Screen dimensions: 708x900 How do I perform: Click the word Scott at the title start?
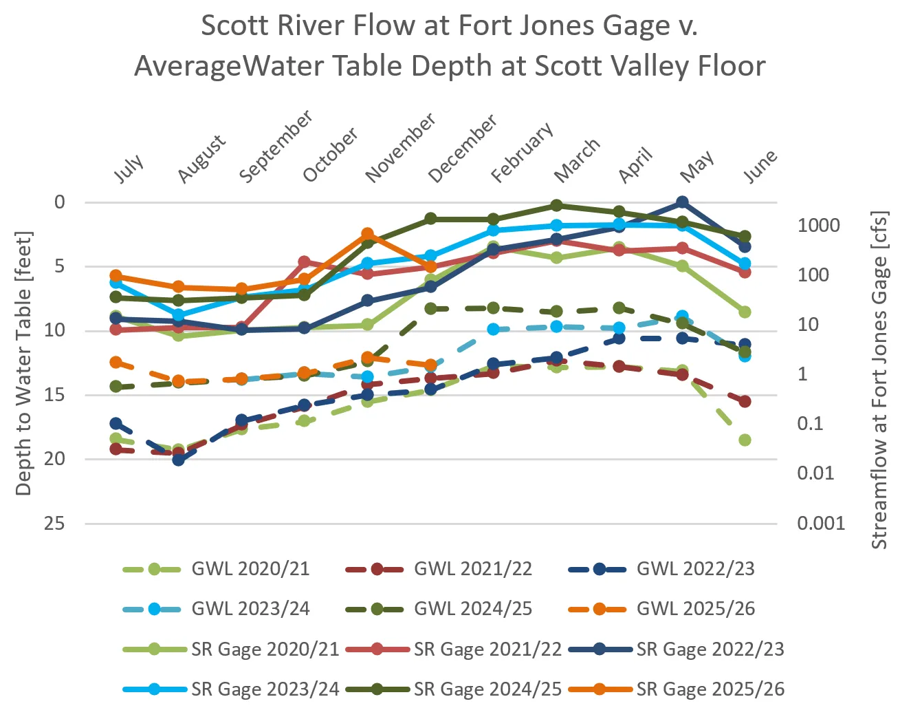pyautogui.click(x=233, y=26)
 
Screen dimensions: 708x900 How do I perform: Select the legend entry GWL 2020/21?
pyautogui.click(x=250, y=569)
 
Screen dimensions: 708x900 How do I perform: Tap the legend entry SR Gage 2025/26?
pyautogui.click(x=710, y=689)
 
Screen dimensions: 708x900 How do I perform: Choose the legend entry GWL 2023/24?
pyautogui.click(x=250, y=609)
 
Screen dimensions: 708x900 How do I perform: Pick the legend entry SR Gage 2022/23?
pyautogui.click(x=710, y=649)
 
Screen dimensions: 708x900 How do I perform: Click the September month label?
pyautogui.click(x=276, y=147)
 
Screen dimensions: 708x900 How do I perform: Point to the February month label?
pyautogui.click(x=522, y=153)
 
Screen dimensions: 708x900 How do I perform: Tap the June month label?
pyautogui.click(x=760, y=167)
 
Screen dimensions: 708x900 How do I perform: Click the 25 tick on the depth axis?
pyautogui.click(x=54, y=524)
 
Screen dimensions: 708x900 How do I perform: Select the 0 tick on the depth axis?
pyautogui.click(x=60, y=202)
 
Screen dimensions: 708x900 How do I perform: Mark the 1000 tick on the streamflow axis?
pyautogui.click(x=818, y=226)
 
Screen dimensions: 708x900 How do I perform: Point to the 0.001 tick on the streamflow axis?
pyautogui.click(x=821, y=524)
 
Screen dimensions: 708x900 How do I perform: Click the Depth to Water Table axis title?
pyautogui.click(x=23, y=363)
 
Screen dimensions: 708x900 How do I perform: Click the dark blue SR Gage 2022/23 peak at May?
pyautogui.click(x=682, y=202)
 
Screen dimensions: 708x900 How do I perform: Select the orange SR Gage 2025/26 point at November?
pyautogui.click(x=368, y=235)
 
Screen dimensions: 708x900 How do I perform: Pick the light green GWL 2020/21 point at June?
pyautogui.click(x=745, y=440)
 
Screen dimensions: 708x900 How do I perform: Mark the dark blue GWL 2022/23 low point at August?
pyautogui.click(x=179, y=460)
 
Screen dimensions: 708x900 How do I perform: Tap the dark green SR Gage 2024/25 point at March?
pyautogui.click(x=556, y=206)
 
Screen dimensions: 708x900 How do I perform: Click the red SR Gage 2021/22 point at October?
pyautogui.click(x=305, y=262)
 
